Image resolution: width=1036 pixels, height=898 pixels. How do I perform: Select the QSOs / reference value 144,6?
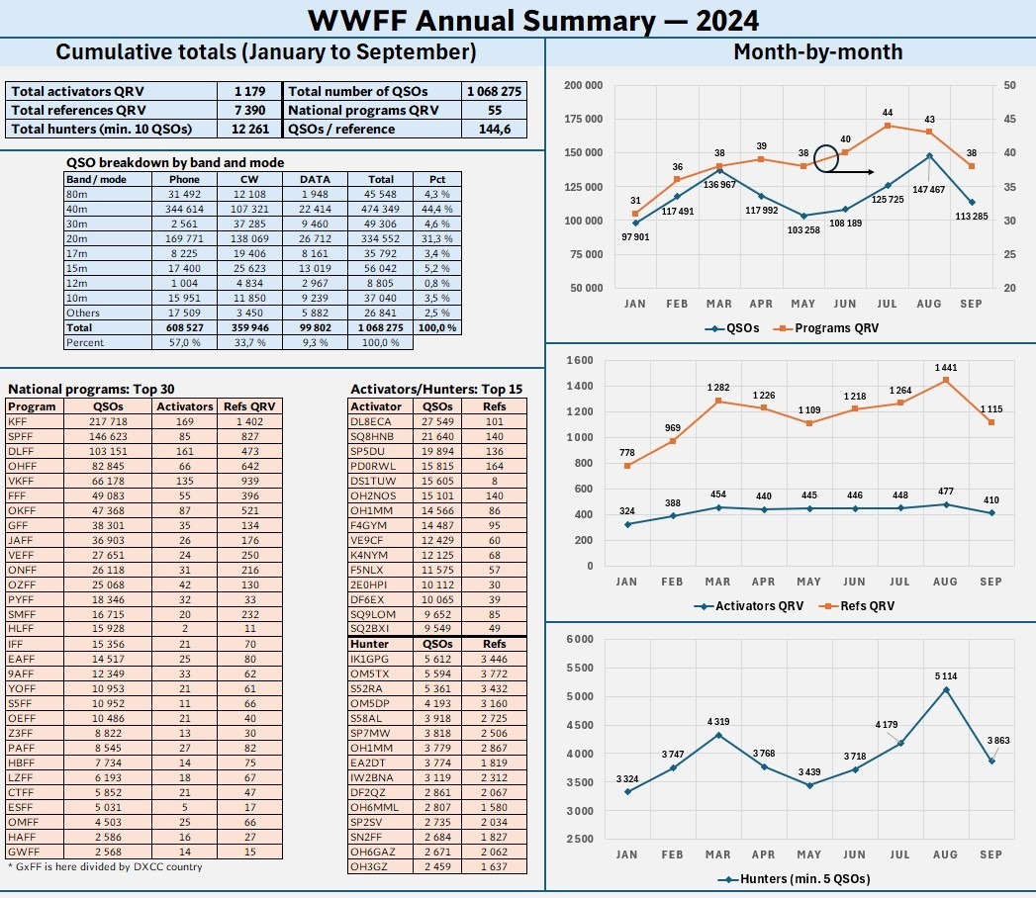point(494,129)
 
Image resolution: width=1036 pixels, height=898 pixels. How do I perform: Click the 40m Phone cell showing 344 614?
point(184,209)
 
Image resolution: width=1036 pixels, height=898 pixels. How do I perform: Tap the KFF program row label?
point(18,421)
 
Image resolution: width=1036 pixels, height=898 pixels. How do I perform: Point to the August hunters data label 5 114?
point(946,676)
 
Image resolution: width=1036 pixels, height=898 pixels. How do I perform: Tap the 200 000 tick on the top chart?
point(583,85)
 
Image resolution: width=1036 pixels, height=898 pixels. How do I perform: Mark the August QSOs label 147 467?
point(927,189)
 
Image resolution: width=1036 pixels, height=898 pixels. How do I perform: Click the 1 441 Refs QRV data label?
point(946,368)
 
